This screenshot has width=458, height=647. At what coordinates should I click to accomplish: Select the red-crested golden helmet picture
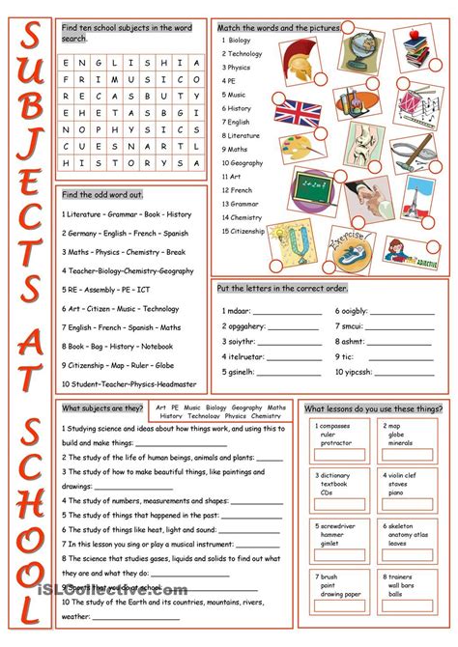[301, 58]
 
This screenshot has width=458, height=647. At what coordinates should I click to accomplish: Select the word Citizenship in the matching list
[248, 232]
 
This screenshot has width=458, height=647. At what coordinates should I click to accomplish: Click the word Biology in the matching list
[242, 42]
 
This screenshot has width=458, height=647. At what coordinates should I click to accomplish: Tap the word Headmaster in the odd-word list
[170, 384]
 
